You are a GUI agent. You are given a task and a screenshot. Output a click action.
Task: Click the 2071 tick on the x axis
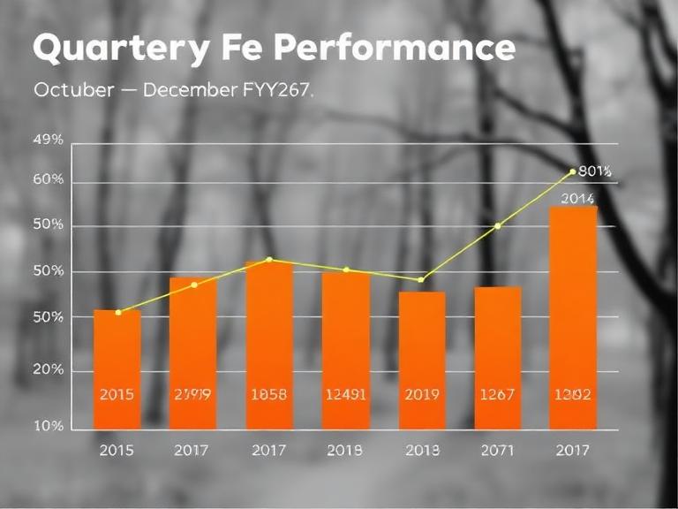pyautogui.click(x=497, y=451)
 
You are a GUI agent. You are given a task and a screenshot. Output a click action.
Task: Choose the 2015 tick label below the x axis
pyautogui.click(x=117, y=451)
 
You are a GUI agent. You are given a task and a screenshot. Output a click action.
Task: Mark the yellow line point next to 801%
pyautogui.click(x=573, y=171)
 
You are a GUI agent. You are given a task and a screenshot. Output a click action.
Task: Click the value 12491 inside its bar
pyautogui.click(x=345, y=395)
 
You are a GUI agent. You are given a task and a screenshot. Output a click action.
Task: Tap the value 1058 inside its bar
pyautogui.click(x=269, y=395)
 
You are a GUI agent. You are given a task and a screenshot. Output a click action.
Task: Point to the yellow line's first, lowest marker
pyautogui.click(x=118, y=312)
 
